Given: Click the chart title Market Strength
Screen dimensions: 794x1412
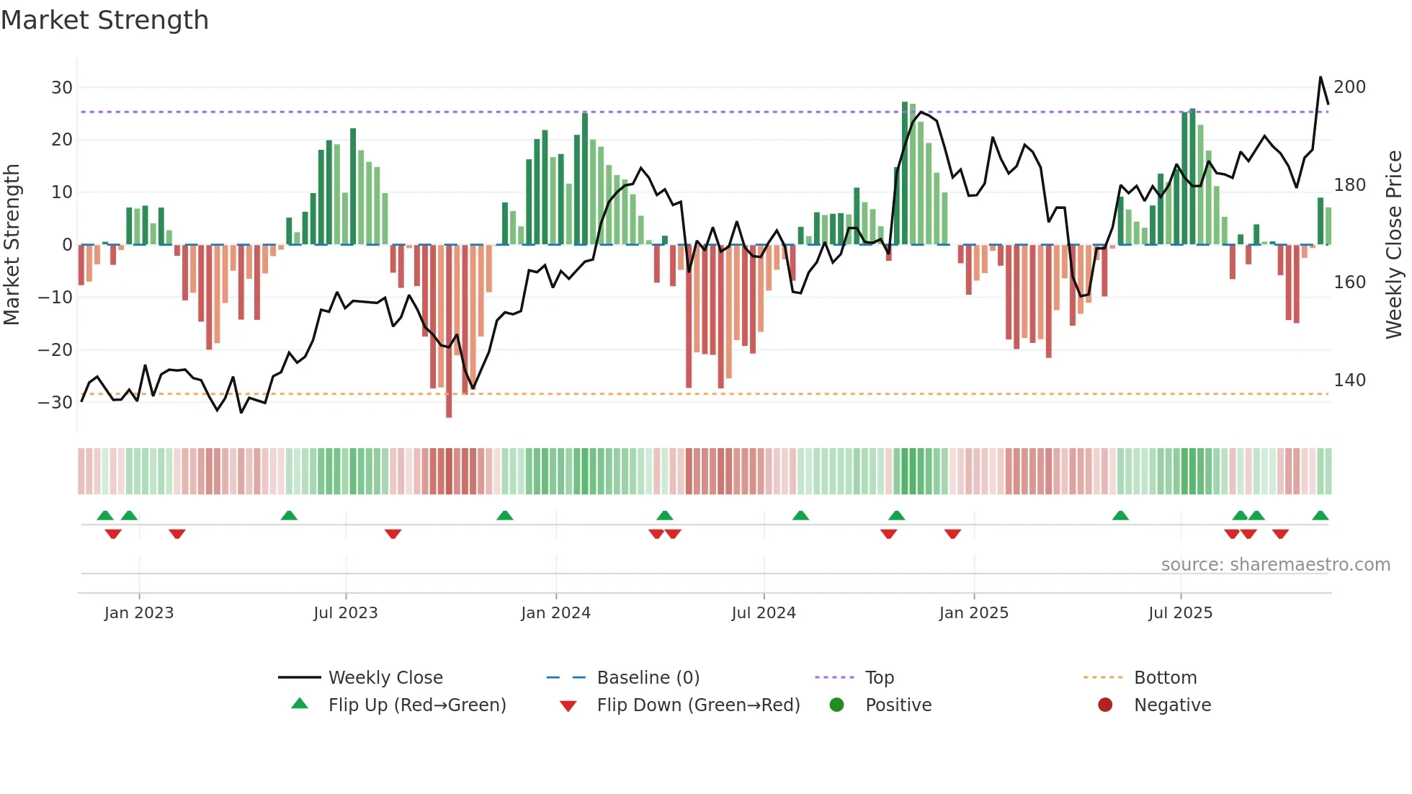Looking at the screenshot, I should pos(104,20).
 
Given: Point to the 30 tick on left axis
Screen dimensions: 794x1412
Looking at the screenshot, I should pos(62,88).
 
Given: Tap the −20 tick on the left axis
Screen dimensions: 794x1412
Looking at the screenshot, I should pos(55,350).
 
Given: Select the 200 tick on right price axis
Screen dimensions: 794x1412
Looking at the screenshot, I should pos(1349,87).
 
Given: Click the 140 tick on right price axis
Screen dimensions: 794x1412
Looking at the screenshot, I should pos(1349,380).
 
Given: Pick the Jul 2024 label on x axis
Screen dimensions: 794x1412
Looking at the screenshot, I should pos(764,613).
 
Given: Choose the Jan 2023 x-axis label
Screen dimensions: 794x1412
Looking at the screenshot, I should pos(139,613).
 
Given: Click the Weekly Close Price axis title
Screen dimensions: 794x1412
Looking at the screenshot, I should pos(1394,245).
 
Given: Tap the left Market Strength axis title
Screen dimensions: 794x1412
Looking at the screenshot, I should pos(12,245).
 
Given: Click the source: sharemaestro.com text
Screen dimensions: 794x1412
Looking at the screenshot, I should pos(1275,565).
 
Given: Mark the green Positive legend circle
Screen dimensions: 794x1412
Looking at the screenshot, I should pos(836,705).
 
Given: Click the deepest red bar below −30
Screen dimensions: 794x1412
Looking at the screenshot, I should pos(449,403).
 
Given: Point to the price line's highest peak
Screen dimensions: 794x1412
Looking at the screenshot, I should pos(1321,77).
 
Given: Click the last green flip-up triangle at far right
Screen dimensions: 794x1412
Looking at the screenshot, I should pos(1321,515).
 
